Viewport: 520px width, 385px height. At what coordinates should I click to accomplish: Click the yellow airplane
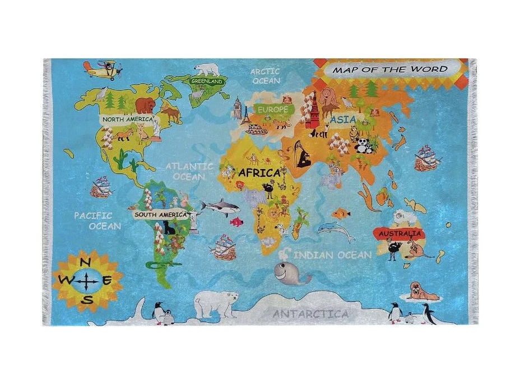coord(103,70)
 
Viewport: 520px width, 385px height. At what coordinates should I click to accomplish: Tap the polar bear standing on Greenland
coord(208,70)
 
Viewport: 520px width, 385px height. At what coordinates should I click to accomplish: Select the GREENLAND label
coord(207,81)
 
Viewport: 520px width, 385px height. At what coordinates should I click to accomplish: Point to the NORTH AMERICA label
coord(127,119)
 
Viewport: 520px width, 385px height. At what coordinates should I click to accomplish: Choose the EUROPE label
coord(273,108)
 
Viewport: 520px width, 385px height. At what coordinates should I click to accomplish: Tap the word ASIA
coord(343,120)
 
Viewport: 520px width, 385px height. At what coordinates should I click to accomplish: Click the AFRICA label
coord(259,173)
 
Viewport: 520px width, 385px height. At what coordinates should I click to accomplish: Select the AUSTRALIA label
coord(400,233)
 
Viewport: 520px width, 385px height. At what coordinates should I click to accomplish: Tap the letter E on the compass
coord(107,280)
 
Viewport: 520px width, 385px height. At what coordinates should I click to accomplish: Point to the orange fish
coord(341,213)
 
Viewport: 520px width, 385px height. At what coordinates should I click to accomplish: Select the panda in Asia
coord(364,146)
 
